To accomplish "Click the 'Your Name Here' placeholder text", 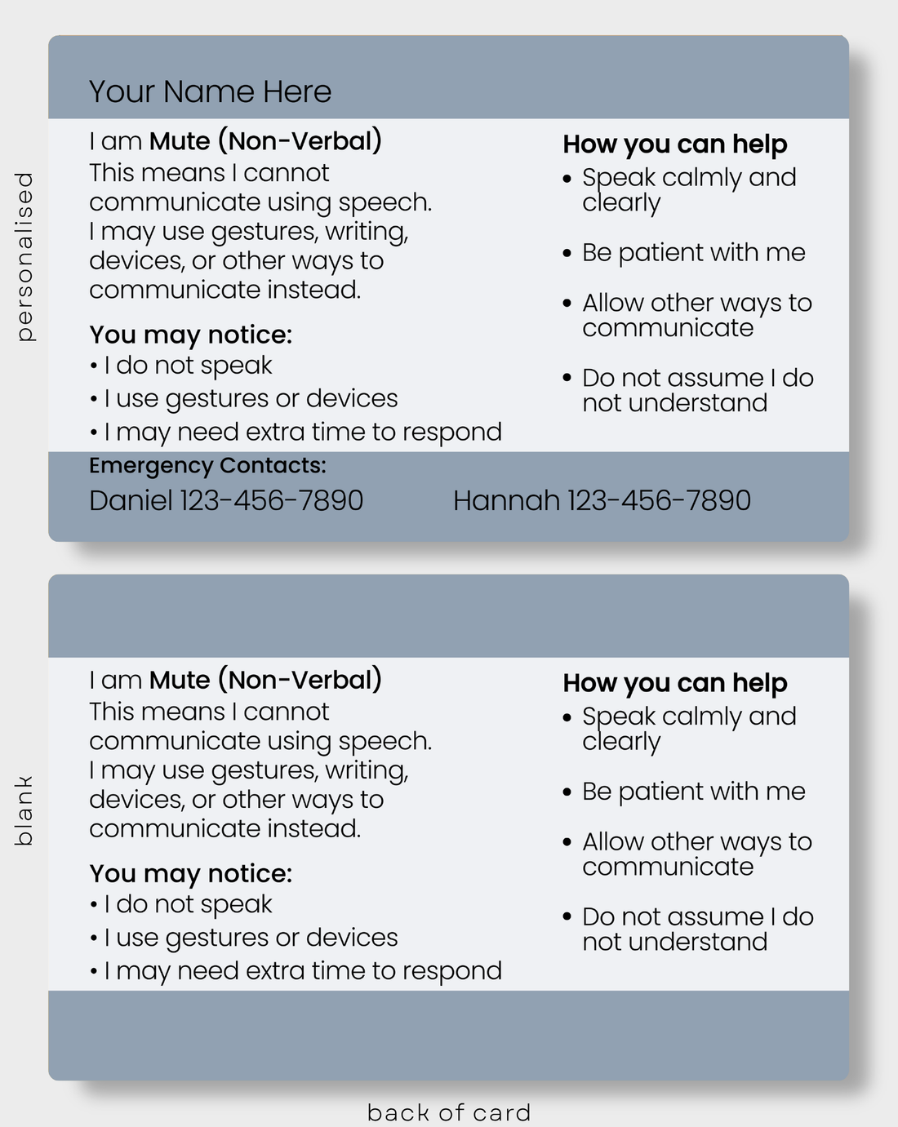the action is tap(210, 91).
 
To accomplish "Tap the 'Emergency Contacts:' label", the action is tap(207, 465).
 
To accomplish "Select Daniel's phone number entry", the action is tap(226, 500).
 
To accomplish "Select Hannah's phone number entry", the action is tap(602, 500).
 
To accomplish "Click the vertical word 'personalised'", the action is tap(24, 256).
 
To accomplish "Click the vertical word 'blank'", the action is tap(24, 810).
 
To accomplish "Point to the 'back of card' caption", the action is tap(449, 1112).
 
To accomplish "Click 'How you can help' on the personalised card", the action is tap(675, 144).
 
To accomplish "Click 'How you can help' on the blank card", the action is tap(675, 683).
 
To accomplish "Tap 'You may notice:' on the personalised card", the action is tap(191, 335).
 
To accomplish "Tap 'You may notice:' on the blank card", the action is tap(191, 873).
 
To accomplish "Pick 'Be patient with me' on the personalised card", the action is tap(694, 253).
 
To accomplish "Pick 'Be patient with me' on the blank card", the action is tap(694, 792).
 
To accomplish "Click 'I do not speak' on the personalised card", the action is tap(188, 366).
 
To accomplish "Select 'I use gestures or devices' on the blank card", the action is tap(251, 938).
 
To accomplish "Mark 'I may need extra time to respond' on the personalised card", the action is tap(303, 433).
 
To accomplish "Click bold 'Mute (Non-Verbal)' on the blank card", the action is tap(265, 680).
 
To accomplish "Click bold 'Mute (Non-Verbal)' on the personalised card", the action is tap(265, 141).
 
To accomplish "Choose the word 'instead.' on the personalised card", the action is tap(313, 290).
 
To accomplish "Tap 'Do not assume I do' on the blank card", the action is tap(698, 917).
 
